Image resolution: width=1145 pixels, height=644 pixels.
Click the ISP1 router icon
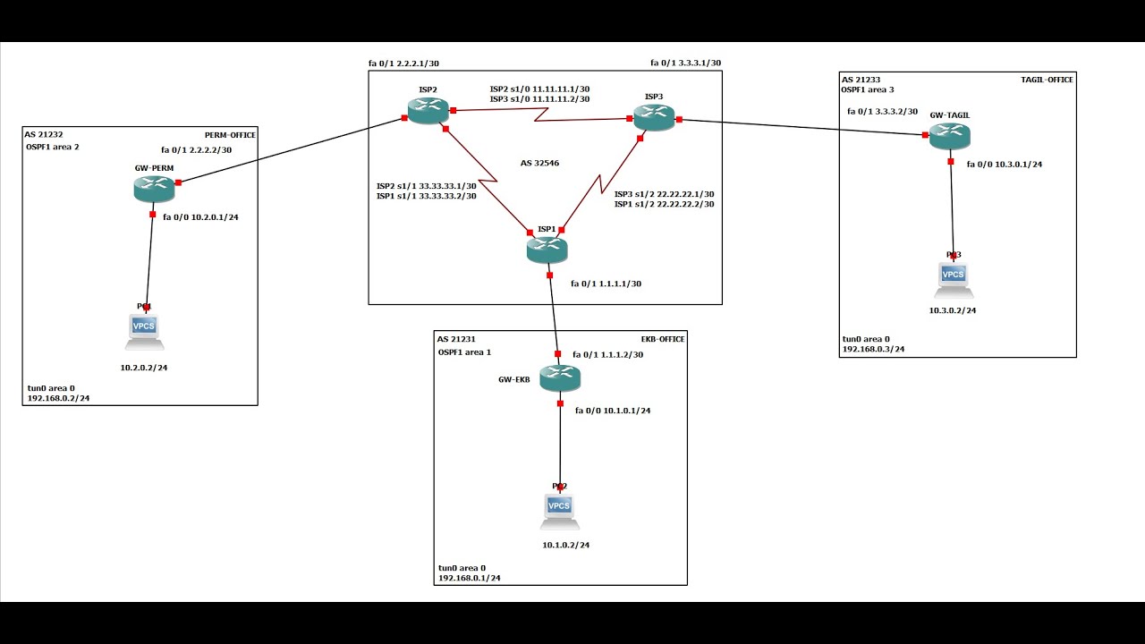pyautogui.click(x=547, y=250)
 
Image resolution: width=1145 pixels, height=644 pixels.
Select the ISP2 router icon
pyautogui.click(x=428, y=110)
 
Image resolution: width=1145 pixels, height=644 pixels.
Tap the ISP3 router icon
pyautogui.click(x=654, y=117)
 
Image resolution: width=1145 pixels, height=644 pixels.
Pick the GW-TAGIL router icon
pyautogui.click(x=949, y=136)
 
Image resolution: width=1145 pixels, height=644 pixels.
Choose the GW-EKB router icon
pyautogui.click(x=560, y=377)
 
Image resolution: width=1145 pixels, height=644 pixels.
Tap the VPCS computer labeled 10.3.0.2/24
pyautogui.click(x=954, y=279)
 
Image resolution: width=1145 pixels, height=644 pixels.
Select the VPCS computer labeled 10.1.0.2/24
pyautogui.click(x=559, y=511)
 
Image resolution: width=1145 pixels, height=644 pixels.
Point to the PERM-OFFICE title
pyautogui.click(x=230, y=135)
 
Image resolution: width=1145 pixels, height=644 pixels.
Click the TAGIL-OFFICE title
pyautogui.click(x=1047, y=80)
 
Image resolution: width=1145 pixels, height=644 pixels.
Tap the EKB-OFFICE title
pyautogui.click(x=662, y=339)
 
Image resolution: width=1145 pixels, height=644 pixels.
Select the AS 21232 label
pyautogui.click(x=45, y=134)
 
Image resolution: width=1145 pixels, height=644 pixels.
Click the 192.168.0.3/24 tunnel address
pyautogui.click(x=873, y=350)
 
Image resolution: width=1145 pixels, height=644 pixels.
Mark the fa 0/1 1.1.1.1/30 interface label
pyautogui.click(x=606, y=284)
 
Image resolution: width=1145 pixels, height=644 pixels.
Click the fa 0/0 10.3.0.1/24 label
pyautogui.click(x=1004, y=165)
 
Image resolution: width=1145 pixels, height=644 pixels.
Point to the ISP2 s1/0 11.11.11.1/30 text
pyautogui.click(x=539, y=89)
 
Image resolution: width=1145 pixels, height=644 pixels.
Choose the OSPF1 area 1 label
pyautogui.click(x=464, y=352)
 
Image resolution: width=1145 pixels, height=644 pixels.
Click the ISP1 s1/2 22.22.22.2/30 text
pyautogui.click(x=664, y=205)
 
